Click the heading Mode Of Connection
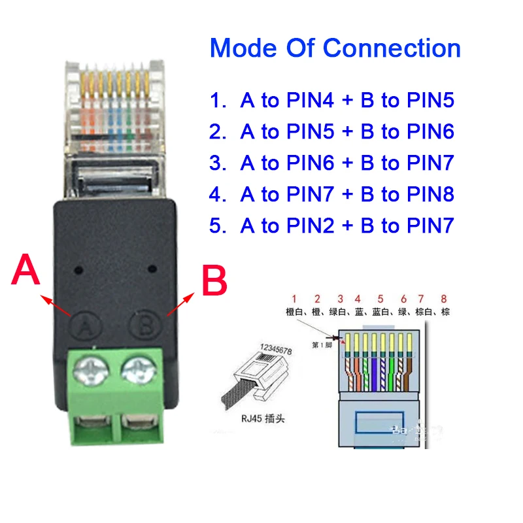click(x=335, y=48)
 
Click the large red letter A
click(x=26, y=270)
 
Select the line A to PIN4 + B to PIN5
click(x=332, y=100)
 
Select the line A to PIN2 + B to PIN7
click(x=332, y=226)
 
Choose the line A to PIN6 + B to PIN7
click(x=332, y=163)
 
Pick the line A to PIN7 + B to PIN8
click(x=332, y=194)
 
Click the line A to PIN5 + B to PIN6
click(x=332, y=131)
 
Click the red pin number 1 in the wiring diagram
click(x=295, y=299)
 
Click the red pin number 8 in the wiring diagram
click(x=445, y=299)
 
